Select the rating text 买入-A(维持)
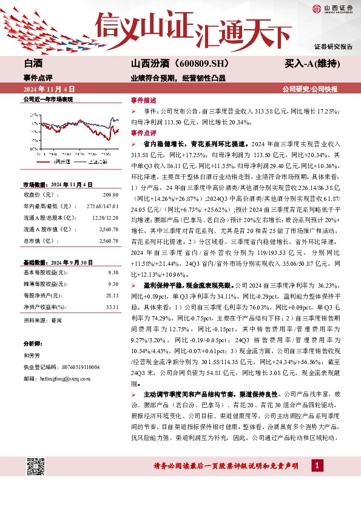tap(311, 63)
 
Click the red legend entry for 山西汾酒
tap(56, 162)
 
